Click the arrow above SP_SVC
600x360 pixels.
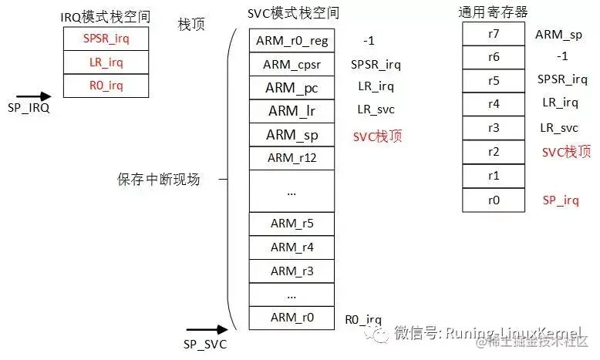click(x=207, y=329)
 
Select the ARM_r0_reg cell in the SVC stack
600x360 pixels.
click(x=292, y=41)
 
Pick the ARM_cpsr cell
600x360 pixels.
click(x=292, y=65)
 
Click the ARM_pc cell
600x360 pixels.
click(x=292, y=88)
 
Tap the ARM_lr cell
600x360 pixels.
click(x=292, y=111)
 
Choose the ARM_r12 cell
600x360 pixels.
click(x=292, y=158)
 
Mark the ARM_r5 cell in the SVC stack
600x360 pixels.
click(x=292, y=224)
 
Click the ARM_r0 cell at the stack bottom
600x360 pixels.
click(x=292, y=318)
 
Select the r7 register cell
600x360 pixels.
click(x=494, y=34)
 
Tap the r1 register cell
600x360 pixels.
click(x=494, y=176)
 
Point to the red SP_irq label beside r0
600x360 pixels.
click(x=560, y=200)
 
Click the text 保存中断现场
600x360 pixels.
click(x=158, y=180)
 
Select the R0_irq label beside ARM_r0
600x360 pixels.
click(x=363, y=318)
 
